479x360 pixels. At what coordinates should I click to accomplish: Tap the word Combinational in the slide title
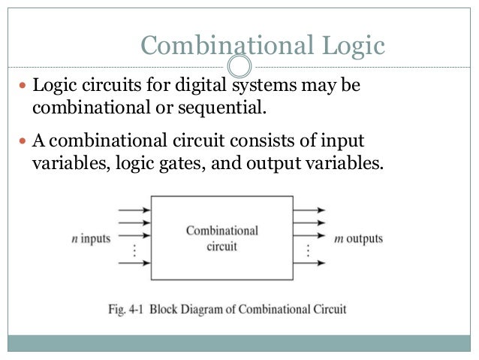pyautogui.click(x=221, y=47)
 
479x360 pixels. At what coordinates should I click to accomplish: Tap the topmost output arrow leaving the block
pyautogui.click(x=309, y=210)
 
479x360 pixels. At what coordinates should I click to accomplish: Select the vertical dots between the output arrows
pyautogui.click(x=306, y=250)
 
